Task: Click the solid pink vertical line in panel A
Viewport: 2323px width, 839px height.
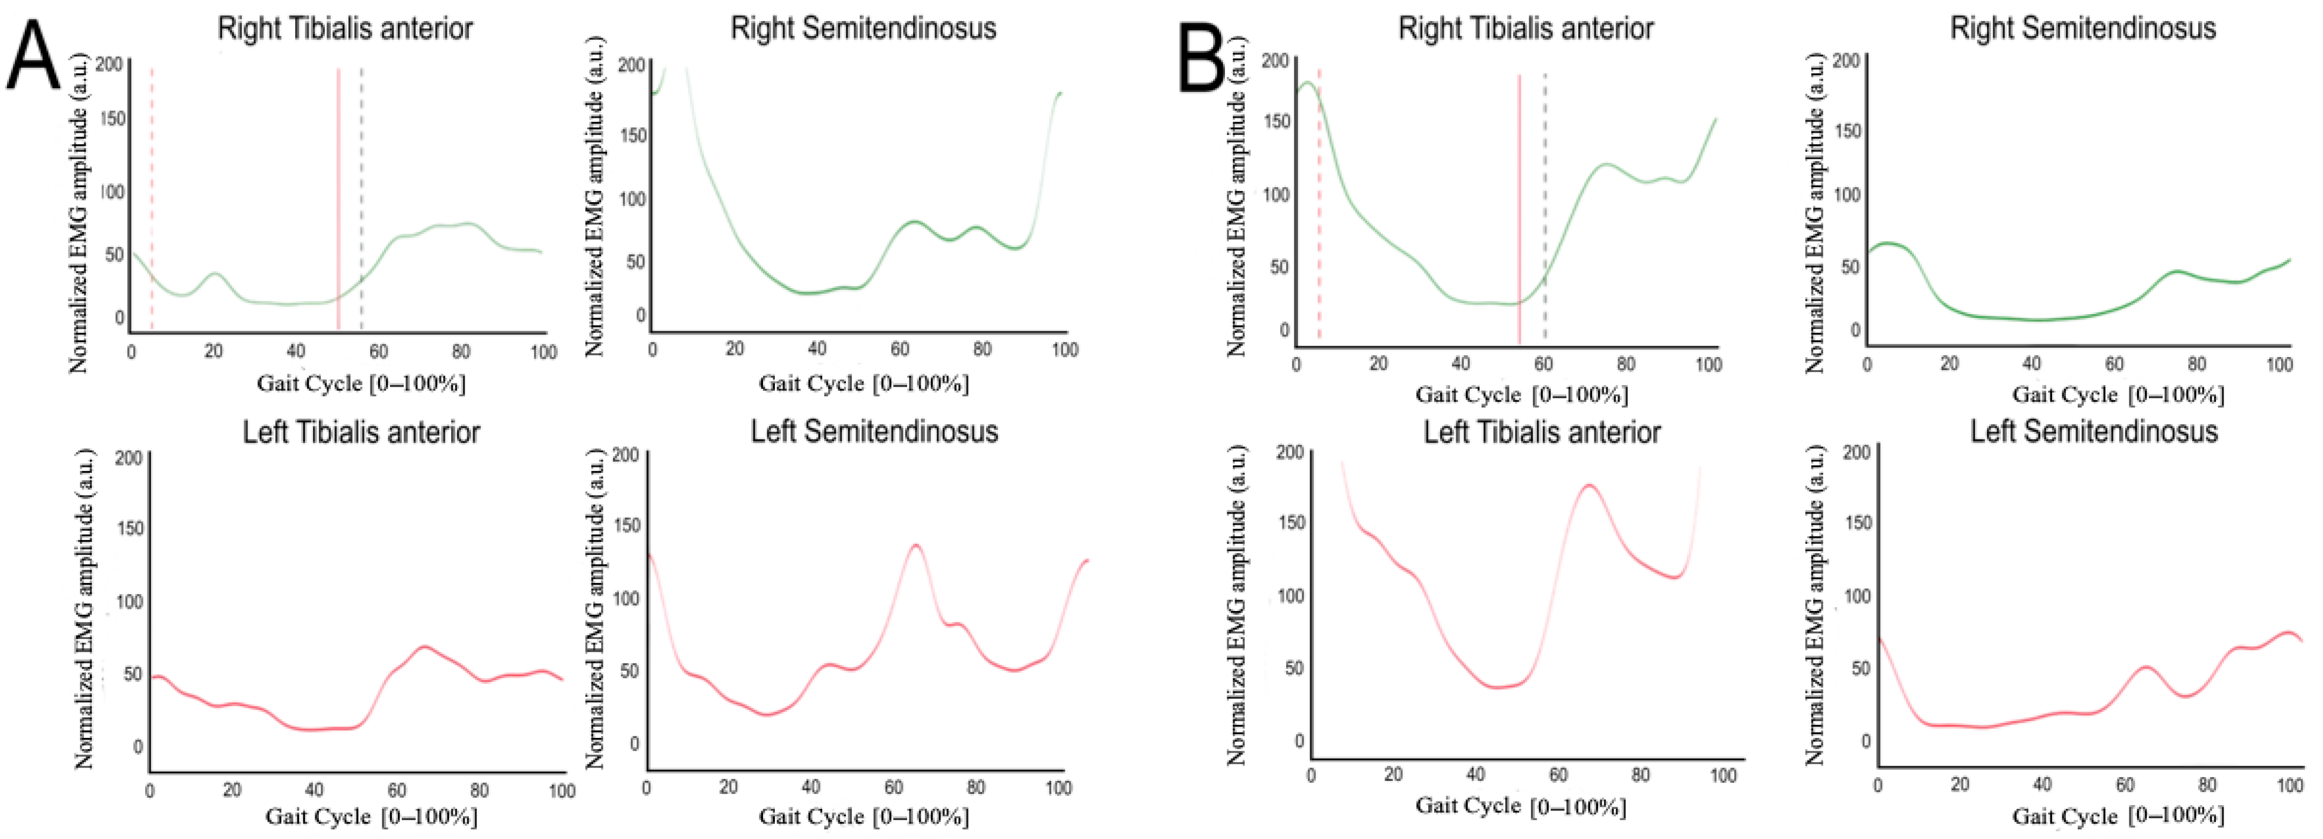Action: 338,200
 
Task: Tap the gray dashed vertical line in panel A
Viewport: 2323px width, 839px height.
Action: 361,200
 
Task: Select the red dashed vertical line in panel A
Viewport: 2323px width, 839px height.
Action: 152,200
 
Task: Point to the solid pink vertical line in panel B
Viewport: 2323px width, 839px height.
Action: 1520,209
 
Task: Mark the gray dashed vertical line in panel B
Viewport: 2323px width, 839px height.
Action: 1545,209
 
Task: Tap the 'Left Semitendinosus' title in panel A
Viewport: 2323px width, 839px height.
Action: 875,431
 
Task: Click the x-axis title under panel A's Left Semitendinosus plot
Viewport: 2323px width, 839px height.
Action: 864,816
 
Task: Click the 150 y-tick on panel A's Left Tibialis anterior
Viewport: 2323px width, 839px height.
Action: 131,528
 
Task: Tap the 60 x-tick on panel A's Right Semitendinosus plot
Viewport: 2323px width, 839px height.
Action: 900,349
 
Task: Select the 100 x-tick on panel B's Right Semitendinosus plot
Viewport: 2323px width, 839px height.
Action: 2280,365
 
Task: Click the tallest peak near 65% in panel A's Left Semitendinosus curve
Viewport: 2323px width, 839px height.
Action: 916,545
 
